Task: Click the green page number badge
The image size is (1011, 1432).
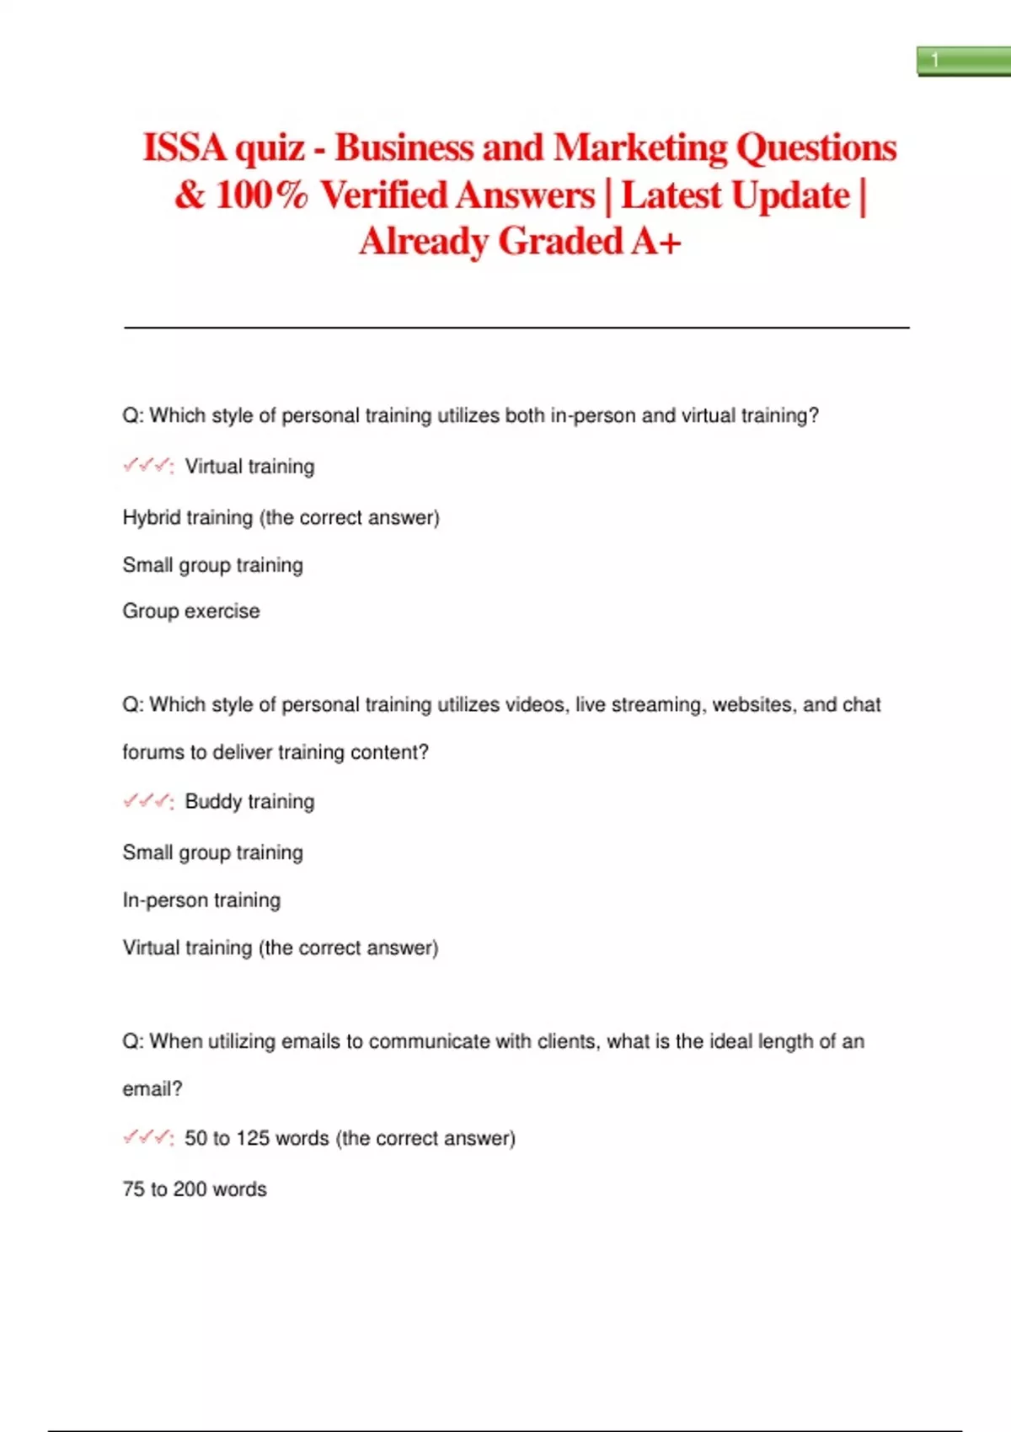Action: pyautogui.click(x=963, y=61)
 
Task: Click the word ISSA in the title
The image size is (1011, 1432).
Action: pyautogui.click(x=185, y=147)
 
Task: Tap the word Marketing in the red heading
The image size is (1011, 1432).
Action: pyautogui.click(x=639, y=147)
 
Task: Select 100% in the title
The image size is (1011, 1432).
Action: pyautogui.click(x=261, y=195)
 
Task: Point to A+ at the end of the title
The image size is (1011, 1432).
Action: pyautogui.click(x=655, y=242)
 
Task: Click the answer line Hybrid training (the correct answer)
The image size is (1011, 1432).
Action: pyautogui.click(x=281, y=517)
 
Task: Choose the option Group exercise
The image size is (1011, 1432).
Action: pyautogui.click(x=191, y=611)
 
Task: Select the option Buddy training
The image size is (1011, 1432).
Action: pyautogui.click(x=249, y=801)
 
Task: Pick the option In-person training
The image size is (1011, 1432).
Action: pyautogui.click(x=201, y=900)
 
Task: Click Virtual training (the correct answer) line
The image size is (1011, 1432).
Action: pyautogui.click(x=280, y=948)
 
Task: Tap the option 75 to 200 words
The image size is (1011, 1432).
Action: pyautogui.click(x=195, y=1189)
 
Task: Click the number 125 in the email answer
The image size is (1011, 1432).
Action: pyautogui.click(x=253, y=1138)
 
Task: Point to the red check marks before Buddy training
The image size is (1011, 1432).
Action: pyautogui.click(x=147, y=801)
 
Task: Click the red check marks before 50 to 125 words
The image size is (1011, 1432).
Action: pyautogui.click(x=147, y=1138)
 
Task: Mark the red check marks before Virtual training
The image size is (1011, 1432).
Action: pyautogui.click(x=147, y=466)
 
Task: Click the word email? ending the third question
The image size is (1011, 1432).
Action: pyautogui.click(x=152, y=1088)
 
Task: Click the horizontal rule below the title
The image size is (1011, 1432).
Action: pyautogui.click(x=516, y=327)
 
